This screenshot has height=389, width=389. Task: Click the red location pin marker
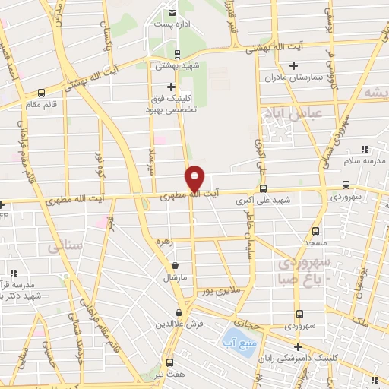click(196, 178)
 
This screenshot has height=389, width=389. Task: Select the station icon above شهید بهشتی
click(176, 53)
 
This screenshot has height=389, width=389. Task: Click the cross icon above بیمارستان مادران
click(293, 66)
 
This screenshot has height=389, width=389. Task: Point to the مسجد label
click(314, 242)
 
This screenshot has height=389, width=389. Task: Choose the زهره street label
click(182, 242)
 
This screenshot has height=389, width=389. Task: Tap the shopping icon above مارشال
click(176, 266)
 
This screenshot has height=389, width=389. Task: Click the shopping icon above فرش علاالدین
click(179, 312)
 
